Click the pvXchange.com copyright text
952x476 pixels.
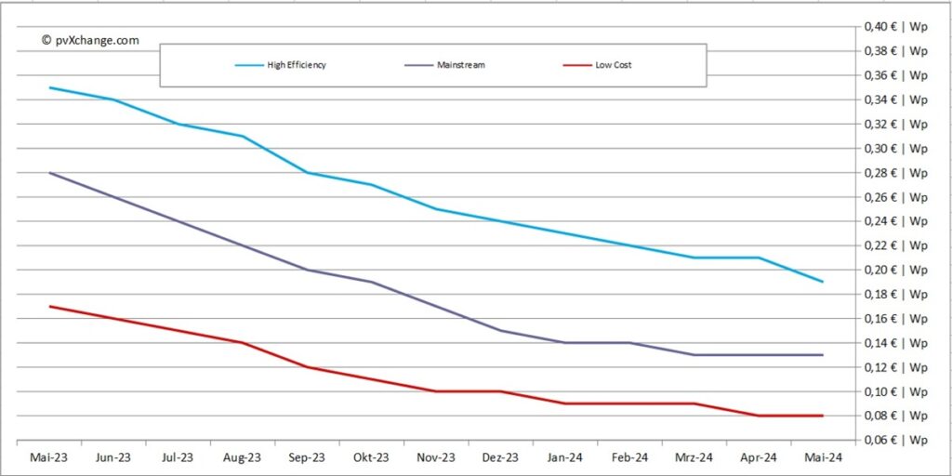[x=90, y=40]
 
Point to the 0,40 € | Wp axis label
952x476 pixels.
[x=896, y=27]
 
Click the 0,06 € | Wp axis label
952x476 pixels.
[x=896, y=440]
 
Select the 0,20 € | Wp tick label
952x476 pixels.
[x=896, y=270]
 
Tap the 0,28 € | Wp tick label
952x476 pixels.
[x=896, y=173]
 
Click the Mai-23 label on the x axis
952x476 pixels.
[x=48, y=457]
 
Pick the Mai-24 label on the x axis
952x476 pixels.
[x=823, y=457]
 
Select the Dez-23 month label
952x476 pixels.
[x=500, y=457]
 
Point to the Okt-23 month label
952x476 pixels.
[x=372, y=457]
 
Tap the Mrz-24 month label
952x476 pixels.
[x=694, y=457]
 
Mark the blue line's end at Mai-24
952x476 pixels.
[x=823, y=282]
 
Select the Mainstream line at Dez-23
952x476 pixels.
[x=500, y=330]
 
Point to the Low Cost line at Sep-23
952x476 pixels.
[x=307, y=366]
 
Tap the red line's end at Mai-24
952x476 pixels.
[x=823, y=416]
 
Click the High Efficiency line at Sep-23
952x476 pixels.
[x=307, y=173]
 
